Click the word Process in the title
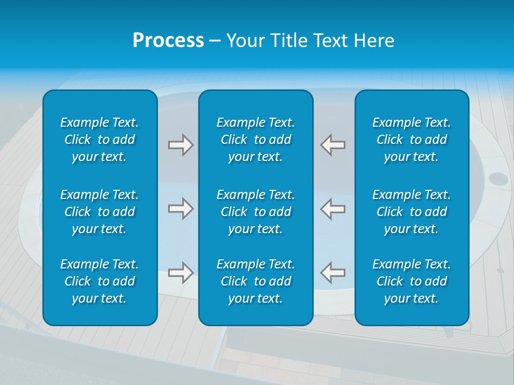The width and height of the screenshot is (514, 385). tap(168, 41)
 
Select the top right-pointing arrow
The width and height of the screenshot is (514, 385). tap(180, 145)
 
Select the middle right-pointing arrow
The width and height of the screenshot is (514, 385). tap(180, 209)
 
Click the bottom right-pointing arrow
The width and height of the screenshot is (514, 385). tap(180, 272)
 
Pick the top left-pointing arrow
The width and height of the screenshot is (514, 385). tap(333, 145)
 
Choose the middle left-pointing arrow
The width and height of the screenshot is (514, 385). tap(333, 209)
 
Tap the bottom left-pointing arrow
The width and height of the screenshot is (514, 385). tap(333, 272)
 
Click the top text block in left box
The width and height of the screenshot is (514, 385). tap(100, 140)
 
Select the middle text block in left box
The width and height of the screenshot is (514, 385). tap(100, 212)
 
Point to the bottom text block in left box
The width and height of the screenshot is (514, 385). tap(100, 281)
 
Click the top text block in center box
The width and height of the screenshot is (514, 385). tap(256, 140)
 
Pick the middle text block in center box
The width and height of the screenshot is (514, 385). tap(256, 212)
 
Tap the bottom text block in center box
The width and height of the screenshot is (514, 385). tap(256, 281)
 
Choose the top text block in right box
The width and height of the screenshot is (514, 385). tap(412, 140)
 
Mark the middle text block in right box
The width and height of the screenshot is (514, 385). tap(412, 212)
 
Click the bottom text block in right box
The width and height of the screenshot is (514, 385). tap(412, 281)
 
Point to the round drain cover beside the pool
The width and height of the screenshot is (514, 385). tap(497, 178)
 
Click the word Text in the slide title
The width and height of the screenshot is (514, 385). tap(331, 41)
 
